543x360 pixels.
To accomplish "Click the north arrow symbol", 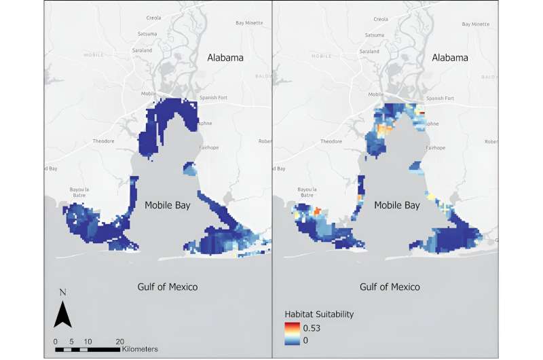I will click(62, 315).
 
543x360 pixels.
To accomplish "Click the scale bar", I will click(88, 349).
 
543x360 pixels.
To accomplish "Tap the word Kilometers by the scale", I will click(141, 349).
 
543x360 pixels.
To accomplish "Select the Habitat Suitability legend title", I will click(318, 314).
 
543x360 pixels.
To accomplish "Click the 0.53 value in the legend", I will click(311, 329).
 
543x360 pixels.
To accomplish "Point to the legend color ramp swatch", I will click(292, 333).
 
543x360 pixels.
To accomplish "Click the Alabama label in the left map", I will click(225, 58).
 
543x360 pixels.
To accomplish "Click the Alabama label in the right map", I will click(449, 58).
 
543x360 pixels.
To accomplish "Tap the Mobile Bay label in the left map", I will click(168, 204).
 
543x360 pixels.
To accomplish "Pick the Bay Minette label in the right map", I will click(475, 24).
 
